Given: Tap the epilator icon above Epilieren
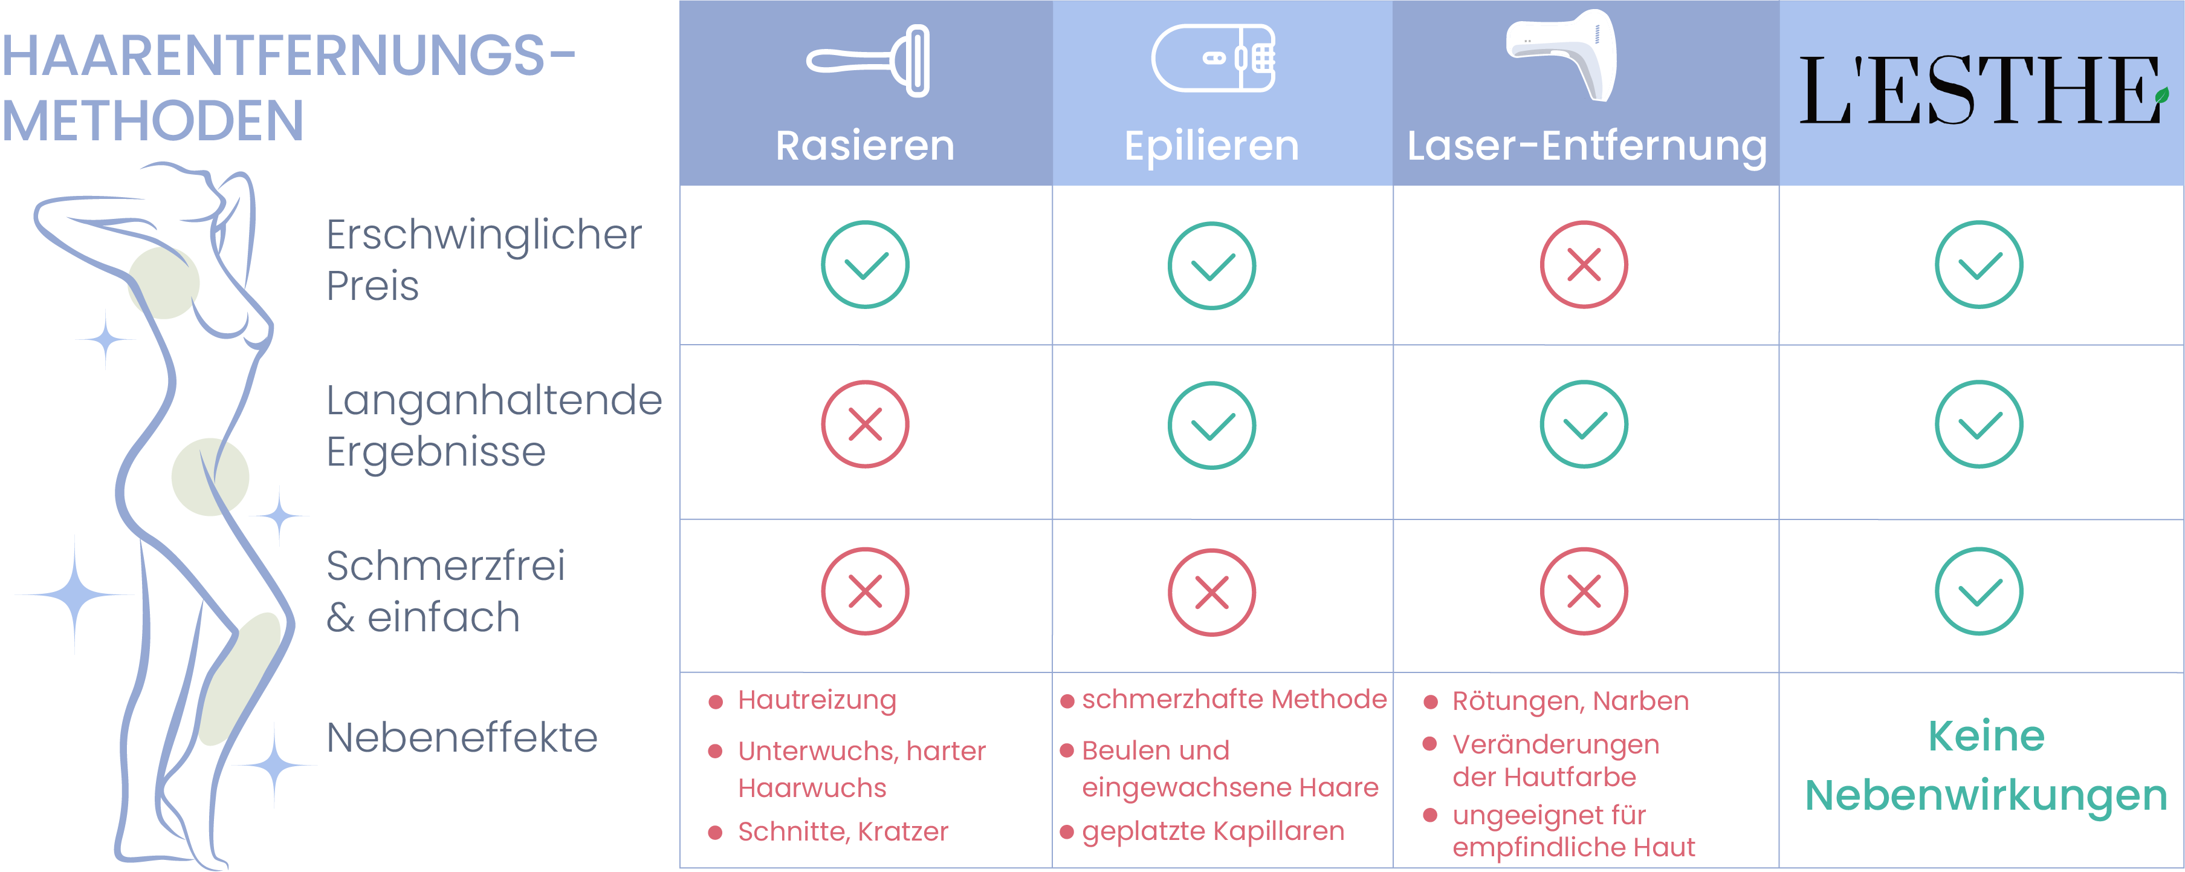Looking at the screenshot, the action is click(x=1213, y=57).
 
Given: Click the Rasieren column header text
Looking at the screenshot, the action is click(x=865, y=146).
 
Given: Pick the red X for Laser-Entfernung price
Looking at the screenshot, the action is click(x=1584, y=265).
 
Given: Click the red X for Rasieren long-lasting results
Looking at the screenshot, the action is click(x=865, y=424).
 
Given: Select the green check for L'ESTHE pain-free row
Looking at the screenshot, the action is click(x=1979, y=591).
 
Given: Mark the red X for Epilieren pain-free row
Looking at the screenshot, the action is click(x=1212, y=592).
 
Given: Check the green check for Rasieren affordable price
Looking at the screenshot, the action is click(x=865, y=265).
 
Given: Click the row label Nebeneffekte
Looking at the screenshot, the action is click(x=462, y=737).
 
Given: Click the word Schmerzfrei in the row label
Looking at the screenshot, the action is click(x=445, y=566).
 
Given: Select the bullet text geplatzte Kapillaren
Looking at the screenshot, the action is click(x=1213, y=831).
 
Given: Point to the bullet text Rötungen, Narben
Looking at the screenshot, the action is click(x=1571, y=701).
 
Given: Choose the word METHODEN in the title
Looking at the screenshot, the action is click(x=153, y=120).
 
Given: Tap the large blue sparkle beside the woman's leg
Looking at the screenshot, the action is click(x=74, y=594).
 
